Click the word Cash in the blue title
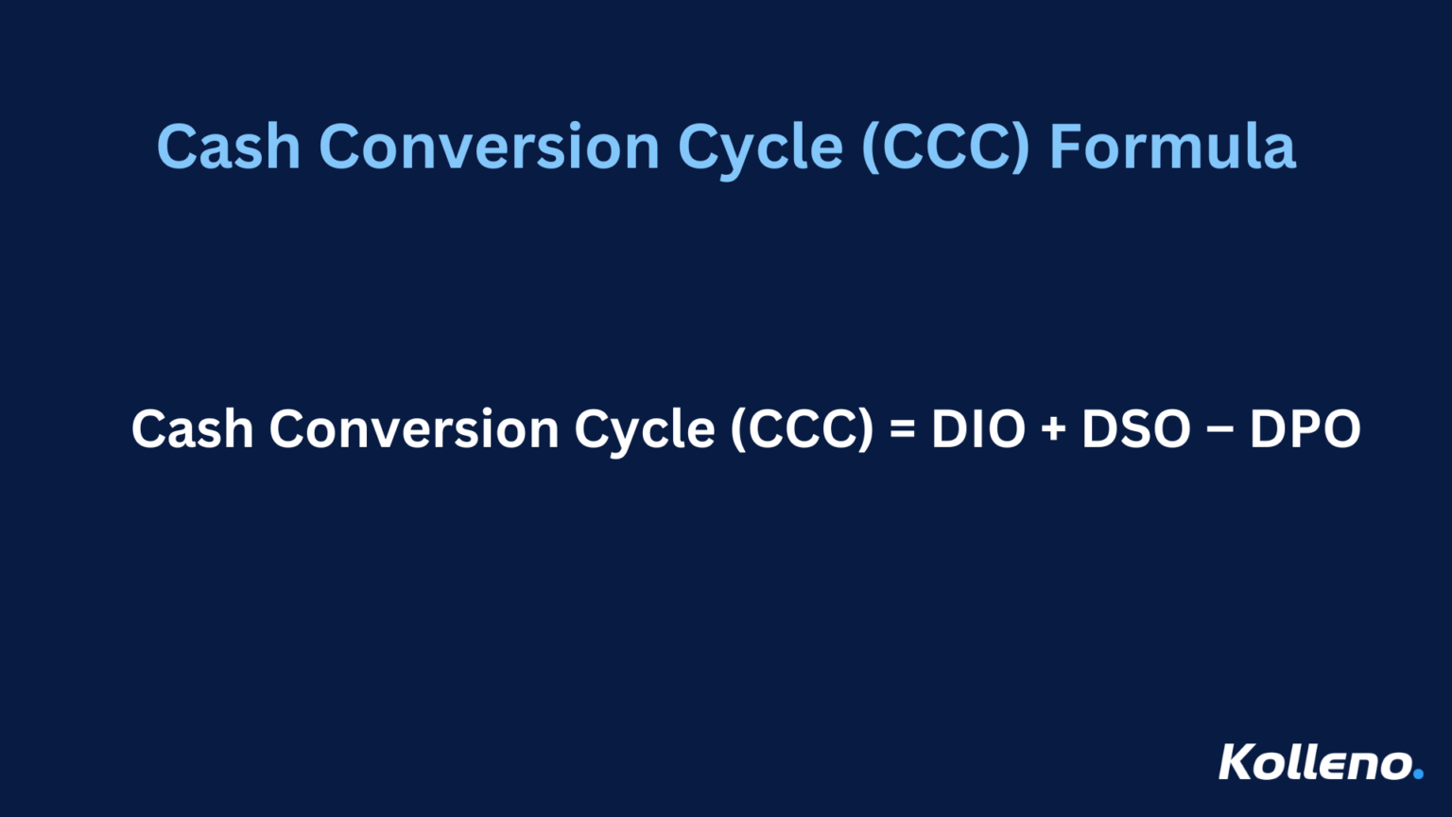(x=228, y=148)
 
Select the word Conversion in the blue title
(x=489, y=148)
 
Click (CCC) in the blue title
(x=945, y=148)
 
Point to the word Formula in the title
(x=1172, y=148)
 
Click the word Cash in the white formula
(x=193, y=429)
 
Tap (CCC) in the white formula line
(x=802, y=429)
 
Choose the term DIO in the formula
(x=978, y=429)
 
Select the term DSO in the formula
(x=1136, y=429)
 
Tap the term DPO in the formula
(x=1305, y=429)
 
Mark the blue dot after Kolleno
(x=1418, y=774)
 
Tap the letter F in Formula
(x=1066, y=148)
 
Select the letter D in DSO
(x=1099, y=429)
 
